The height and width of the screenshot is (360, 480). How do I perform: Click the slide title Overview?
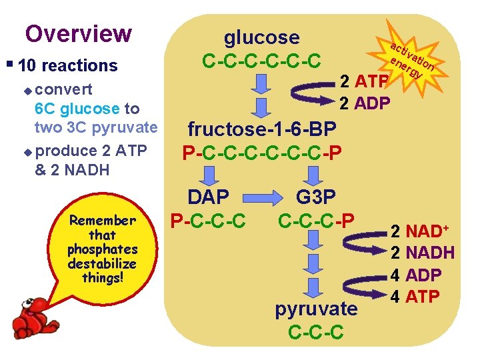coord(78,33)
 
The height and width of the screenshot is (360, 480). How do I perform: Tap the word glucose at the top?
coord(261,37)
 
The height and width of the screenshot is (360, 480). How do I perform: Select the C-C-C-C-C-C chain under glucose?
coord(261,61)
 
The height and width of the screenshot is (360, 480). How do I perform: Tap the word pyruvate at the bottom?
coord(316,309)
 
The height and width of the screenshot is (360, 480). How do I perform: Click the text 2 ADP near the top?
coord(365,103)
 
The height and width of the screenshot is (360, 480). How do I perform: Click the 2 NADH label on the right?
coord(424,253)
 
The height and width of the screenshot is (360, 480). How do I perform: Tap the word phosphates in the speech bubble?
coord(102,249)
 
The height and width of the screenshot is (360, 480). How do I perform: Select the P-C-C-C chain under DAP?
coord(207,219)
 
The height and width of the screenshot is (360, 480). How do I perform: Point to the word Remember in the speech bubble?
coord(102,221)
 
